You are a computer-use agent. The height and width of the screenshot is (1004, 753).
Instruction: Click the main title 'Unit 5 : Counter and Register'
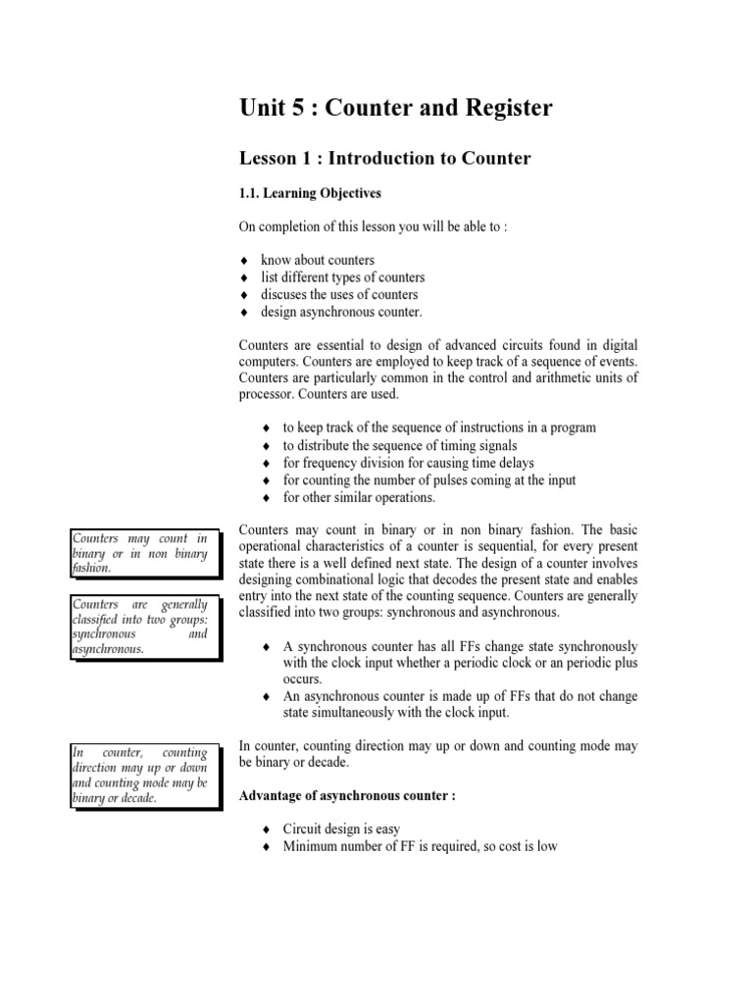396,108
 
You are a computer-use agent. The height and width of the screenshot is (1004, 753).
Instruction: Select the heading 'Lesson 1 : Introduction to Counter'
385,159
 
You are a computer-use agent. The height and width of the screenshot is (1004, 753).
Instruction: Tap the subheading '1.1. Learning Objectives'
311,193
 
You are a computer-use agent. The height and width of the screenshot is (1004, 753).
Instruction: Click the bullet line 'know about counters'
318,260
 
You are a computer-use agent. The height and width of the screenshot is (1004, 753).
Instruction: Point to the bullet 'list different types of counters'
342,277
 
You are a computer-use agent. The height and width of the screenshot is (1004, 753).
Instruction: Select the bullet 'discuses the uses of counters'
338,294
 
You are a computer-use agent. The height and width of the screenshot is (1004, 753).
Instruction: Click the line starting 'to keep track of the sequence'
439,427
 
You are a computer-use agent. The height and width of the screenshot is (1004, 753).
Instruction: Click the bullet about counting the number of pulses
429,480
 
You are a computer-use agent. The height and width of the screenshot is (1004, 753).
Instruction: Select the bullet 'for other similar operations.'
359,497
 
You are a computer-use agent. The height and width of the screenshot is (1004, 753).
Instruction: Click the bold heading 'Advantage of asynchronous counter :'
348,796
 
